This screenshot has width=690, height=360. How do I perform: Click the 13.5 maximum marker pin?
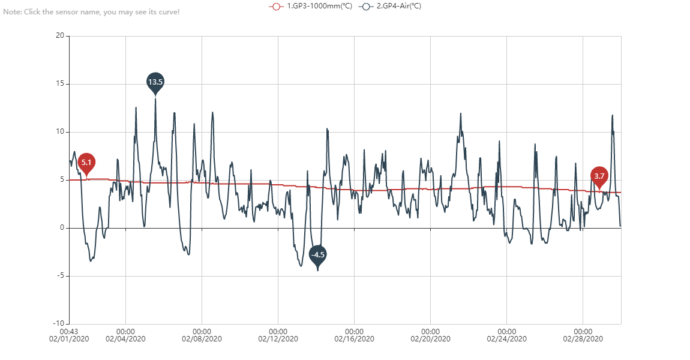[155, 82]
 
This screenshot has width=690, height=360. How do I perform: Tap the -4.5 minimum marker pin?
[317, 255]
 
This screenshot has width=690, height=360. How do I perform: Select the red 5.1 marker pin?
[86, 163]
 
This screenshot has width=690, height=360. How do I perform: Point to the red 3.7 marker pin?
[599, 176]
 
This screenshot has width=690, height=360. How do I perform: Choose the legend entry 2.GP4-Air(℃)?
[391, 6]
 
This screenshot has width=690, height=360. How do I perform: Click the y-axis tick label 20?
[60, 36]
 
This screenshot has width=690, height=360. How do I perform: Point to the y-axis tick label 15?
[60, 84]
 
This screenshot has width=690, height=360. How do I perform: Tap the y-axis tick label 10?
[60, 132]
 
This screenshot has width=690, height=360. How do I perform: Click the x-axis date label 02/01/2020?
[69, 339]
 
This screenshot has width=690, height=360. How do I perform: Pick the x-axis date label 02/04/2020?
[125, 339]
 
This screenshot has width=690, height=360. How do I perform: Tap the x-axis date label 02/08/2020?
[202, 339]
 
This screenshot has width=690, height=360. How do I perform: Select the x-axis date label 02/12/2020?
[278, 339]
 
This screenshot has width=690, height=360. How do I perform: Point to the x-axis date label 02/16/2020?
[355, 339]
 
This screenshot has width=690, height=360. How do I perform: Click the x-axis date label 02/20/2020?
[431, 339]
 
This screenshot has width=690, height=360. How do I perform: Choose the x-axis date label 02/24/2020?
[507, 339]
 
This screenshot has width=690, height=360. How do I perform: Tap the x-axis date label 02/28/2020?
[583, 339]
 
